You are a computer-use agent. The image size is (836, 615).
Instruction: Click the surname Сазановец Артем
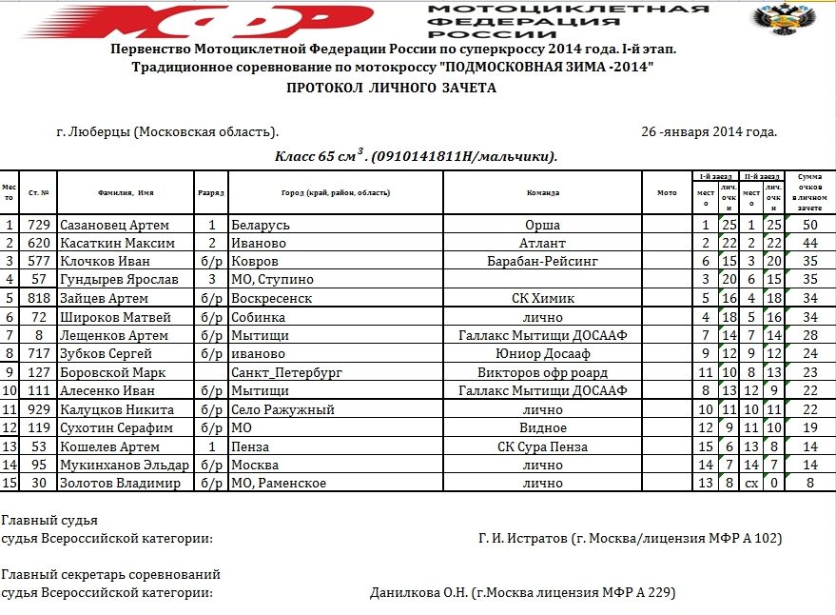pyautogui.click(x=114, y=226)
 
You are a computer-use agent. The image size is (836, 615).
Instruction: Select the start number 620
pyautogui.click(x=39, y=244)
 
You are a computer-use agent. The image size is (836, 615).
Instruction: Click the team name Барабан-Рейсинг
pyautogui.click(x=542, y=262)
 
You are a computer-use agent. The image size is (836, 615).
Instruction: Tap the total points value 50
pyautogui.click(x=810, y=226)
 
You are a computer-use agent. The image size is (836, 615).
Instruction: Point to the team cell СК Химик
pyautogui.click(x=542, y=299)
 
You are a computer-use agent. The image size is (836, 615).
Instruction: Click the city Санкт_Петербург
pyautogui.click(x=278, y=373)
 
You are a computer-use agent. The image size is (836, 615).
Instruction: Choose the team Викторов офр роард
pyautogui.click(x=542, y=373)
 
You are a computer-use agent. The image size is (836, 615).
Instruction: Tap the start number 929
pyautogui.click(x=39, y=410)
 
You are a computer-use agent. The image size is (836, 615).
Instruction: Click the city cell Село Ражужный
pyautogui.click(x=282, y=410)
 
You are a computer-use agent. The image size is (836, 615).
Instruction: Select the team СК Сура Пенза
pyautogui.click(x=542, y=447)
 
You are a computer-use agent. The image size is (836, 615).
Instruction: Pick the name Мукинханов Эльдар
pyautogui.click(x=124, y=466)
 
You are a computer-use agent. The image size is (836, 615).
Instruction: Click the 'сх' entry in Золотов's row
pyautogui.click(x=751, y=484)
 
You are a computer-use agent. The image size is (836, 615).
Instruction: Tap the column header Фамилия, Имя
pyautogui.click(x=126, y=192)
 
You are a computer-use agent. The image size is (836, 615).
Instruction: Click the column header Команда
pyautogui.click(x=542, y=192)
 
